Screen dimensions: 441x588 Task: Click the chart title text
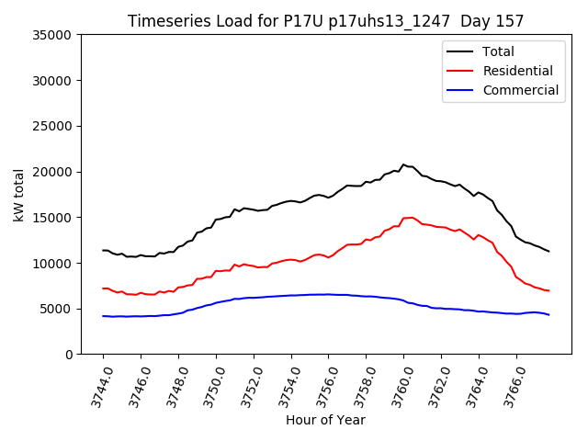325,21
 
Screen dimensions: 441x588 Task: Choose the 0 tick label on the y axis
69,355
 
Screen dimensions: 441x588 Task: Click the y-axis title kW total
19,195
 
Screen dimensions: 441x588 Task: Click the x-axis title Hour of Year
325,420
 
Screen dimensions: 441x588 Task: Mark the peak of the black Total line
403,164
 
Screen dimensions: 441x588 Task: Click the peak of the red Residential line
412,217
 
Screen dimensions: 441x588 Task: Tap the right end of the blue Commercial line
548,315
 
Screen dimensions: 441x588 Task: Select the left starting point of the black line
103,250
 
